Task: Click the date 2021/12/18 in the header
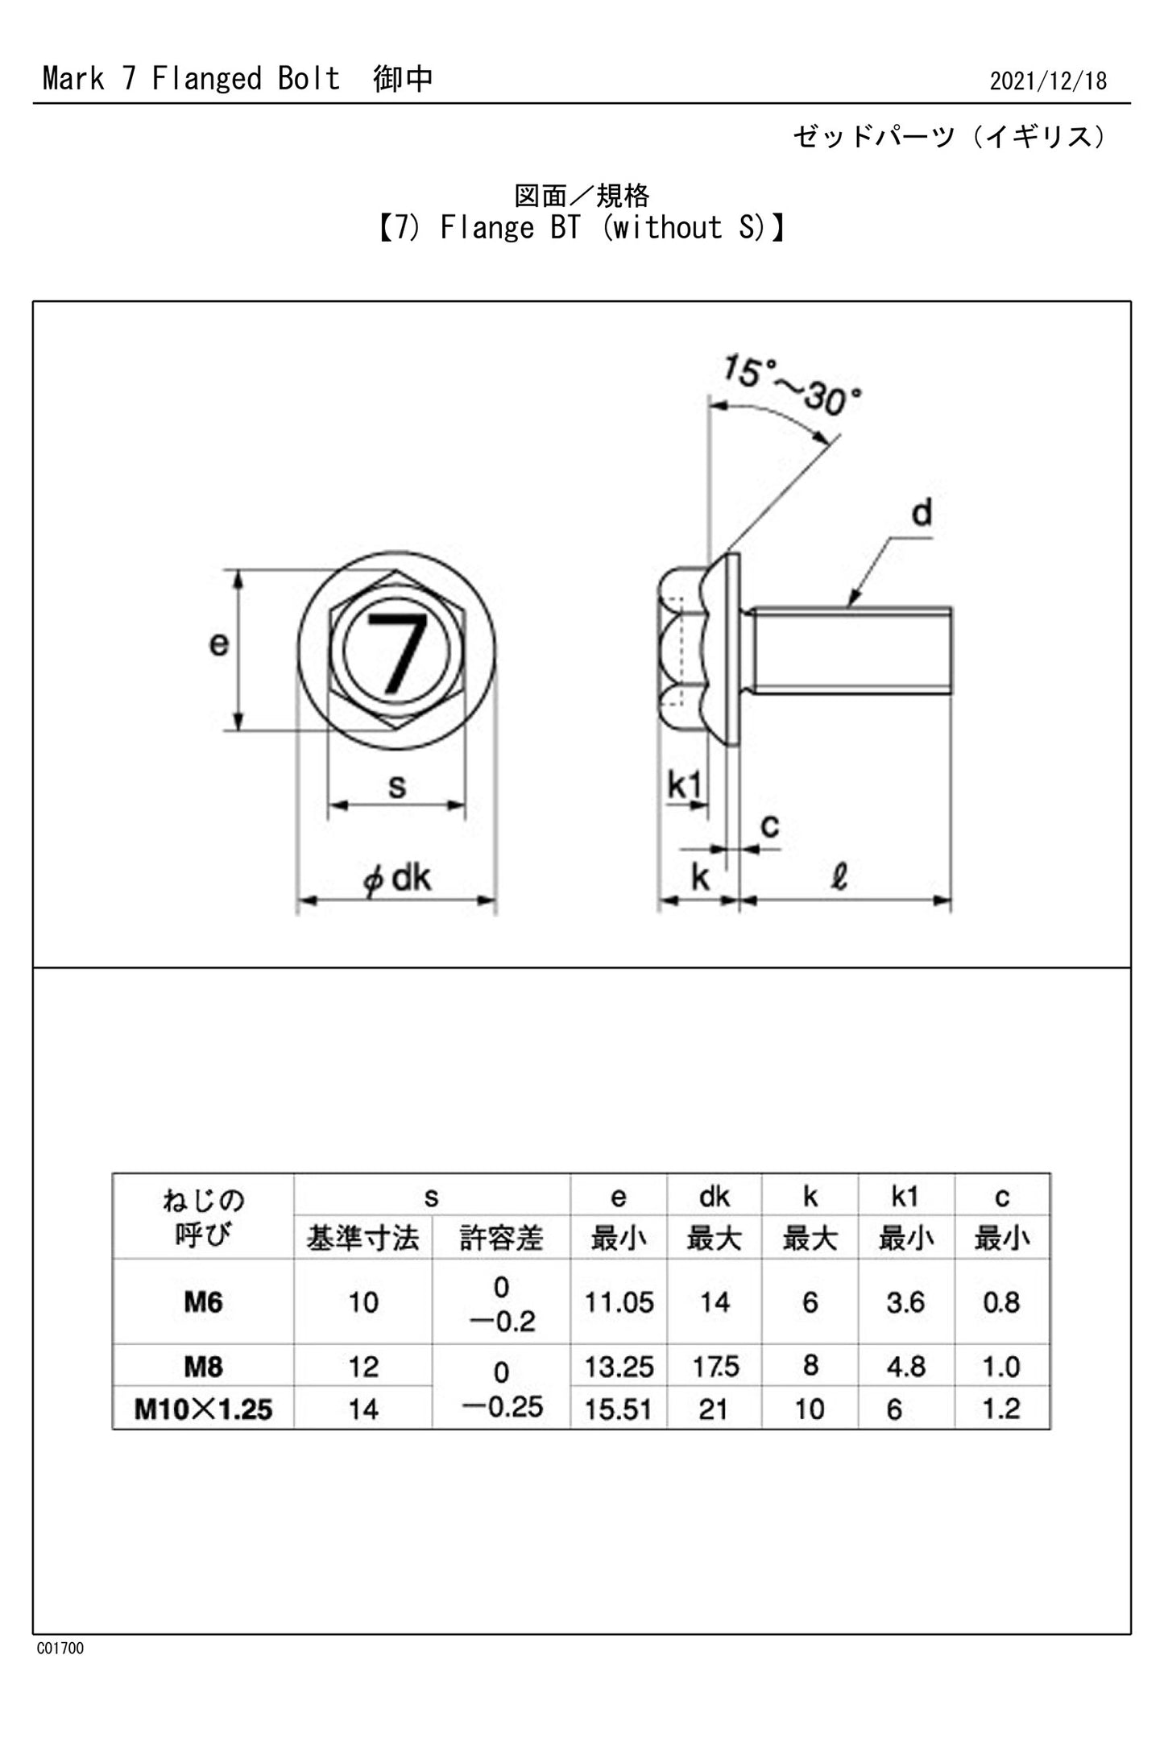(x=1047, y=81)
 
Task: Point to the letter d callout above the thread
(x=922, y=512)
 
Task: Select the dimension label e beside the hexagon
(x=218, y=643)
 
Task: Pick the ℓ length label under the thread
(x=839, y=876)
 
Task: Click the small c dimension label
(x=769, y=825)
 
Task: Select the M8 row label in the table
(x=203, y=1367)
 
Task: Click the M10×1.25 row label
(x=203, y=1409)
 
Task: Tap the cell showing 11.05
(x=619, y=1302)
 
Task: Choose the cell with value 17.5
(x=715, y=1367)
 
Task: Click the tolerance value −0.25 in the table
(x=502, y=1406)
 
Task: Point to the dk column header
(x=714, y=1197)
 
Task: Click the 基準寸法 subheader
(x=362, y=1239)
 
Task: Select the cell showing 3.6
(x=905, y=1302)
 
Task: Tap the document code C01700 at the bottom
(x=60, y=1648)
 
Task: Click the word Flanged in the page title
(x=207, y=79)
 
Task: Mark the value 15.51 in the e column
(x=619, y=1409)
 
